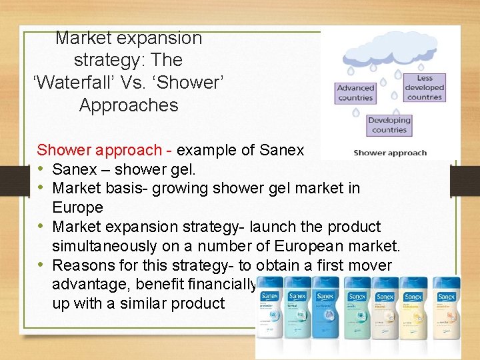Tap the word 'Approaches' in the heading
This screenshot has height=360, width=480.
[129, 105]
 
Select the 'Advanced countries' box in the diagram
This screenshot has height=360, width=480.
[355, 93]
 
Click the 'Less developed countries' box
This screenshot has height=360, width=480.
[425, 88]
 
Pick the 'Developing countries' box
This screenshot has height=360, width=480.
[389, 125]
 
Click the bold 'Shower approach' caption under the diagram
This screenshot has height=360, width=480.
[390, 153]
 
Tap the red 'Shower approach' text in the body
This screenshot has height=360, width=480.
[99, 151]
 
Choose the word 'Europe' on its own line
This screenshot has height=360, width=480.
[77, 208]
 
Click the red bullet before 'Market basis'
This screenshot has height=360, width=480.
[42, 189]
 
